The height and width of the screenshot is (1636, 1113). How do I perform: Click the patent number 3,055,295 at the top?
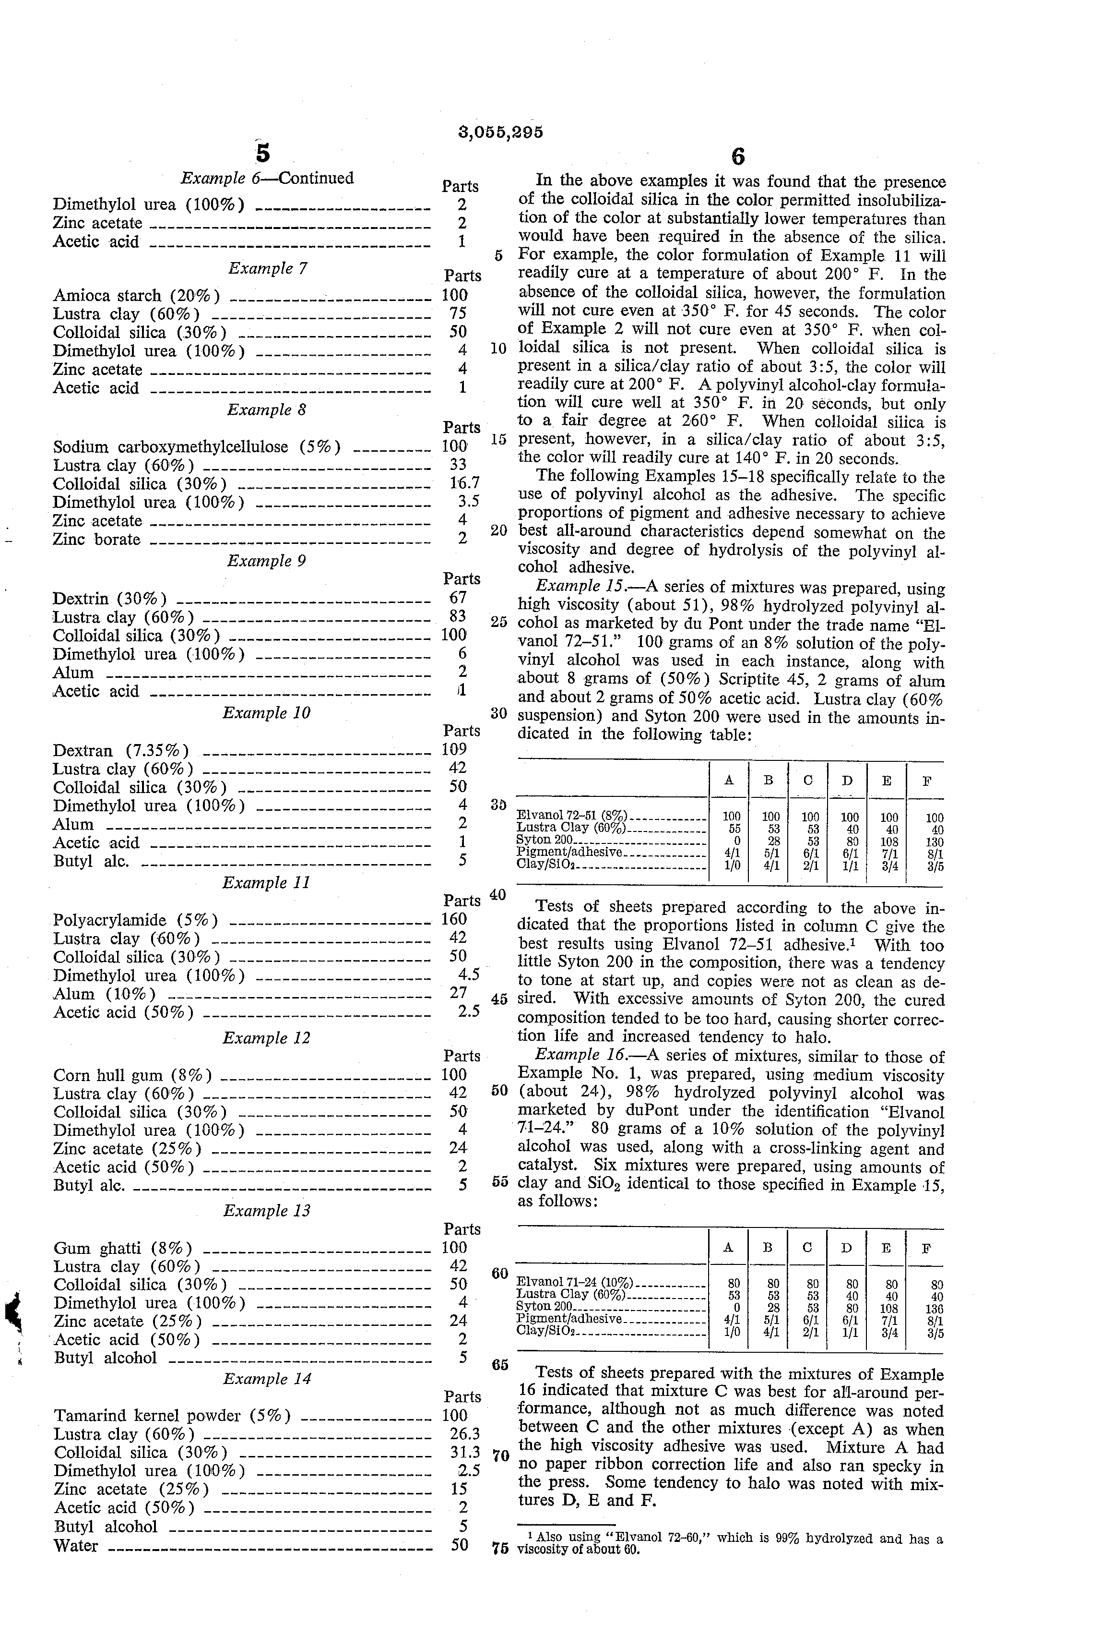pos(500,132)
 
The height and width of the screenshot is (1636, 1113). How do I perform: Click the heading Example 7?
pos(267,268)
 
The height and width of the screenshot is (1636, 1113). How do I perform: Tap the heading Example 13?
pos(267,1210)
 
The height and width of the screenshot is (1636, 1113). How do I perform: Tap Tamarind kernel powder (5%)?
pos(172,1415)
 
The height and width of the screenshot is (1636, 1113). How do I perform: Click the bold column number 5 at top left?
pos(262,153)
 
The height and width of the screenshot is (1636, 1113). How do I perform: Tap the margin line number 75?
pos(499,1548)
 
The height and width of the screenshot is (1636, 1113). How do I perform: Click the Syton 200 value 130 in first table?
pos(935,842)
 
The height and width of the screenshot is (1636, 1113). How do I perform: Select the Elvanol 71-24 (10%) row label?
pos(575,1283)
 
